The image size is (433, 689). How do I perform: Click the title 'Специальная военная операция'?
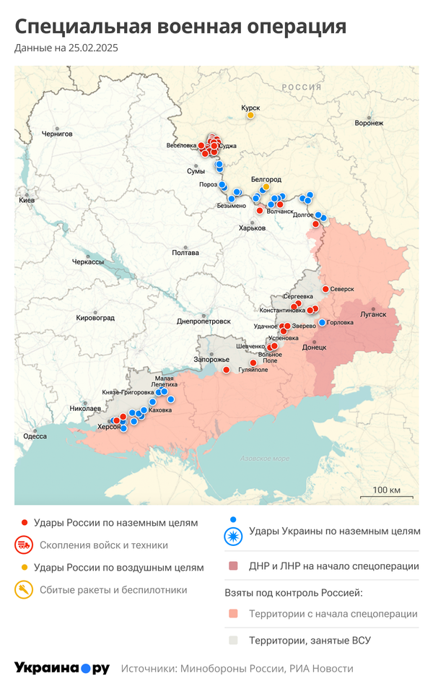click(180, 27)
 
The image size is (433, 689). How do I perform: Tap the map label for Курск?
click(250, 108)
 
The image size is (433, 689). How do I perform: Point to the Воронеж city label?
click(369, 123)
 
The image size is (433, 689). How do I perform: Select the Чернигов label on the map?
click(57, 134)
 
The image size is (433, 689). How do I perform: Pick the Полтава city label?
click(185, 253)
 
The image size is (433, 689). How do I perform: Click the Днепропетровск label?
click(204, 321)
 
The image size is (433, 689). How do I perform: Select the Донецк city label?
click(314, 347)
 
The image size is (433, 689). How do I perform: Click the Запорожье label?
click(211, 360)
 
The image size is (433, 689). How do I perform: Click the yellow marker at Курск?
click(250, 116)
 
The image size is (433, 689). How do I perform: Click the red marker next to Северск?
click(325, 289)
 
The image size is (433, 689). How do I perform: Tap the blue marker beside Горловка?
click(322, 323)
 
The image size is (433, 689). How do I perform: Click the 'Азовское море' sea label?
click(265, 459)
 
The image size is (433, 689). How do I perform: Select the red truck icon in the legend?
click(25, 545)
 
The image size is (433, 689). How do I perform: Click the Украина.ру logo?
click(61, 668)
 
